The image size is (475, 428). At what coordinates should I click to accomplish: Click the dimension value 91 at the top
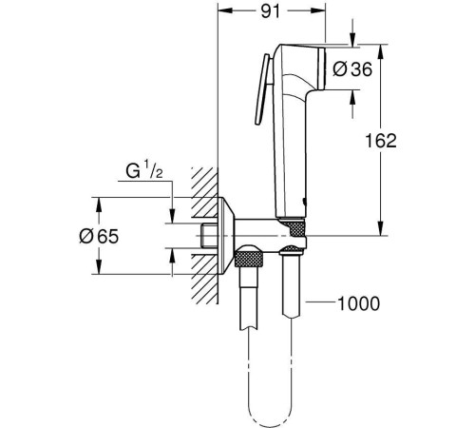pos(272,13)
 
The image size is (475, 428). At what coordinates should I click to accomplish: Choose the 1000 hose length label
pos(359,304)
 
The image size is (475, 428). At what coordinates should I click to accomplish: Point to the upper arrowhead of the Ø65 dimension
pos(96,203)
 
